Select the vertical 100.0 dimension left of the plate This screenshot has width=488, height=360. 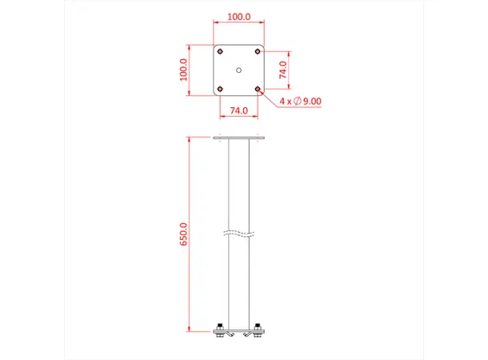(183, 70)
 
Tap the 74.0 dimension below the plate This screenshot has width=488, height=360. (238, 110)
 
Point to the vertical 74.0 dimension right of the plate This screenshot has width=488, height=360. (282, 70)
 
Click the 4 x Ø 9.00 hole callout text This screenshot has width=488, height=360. (301, 101)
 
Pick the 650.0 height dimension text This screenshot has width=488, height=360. (183, 235)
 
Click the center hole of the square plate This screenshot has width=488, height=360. (238, 70)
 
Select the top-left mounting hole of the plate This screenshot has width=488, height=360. (220, 52)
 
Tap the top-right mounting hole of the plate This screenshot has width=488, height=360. (257, 52)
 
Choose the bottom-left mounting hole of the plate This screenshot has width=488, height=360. (220, 88)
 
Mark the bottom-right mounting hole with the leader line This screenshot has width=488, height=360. (257, 88)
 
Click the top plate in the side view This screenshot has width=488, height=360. (238, 138)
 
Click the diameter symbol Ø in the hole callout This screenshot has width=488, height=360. (297, 101)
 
